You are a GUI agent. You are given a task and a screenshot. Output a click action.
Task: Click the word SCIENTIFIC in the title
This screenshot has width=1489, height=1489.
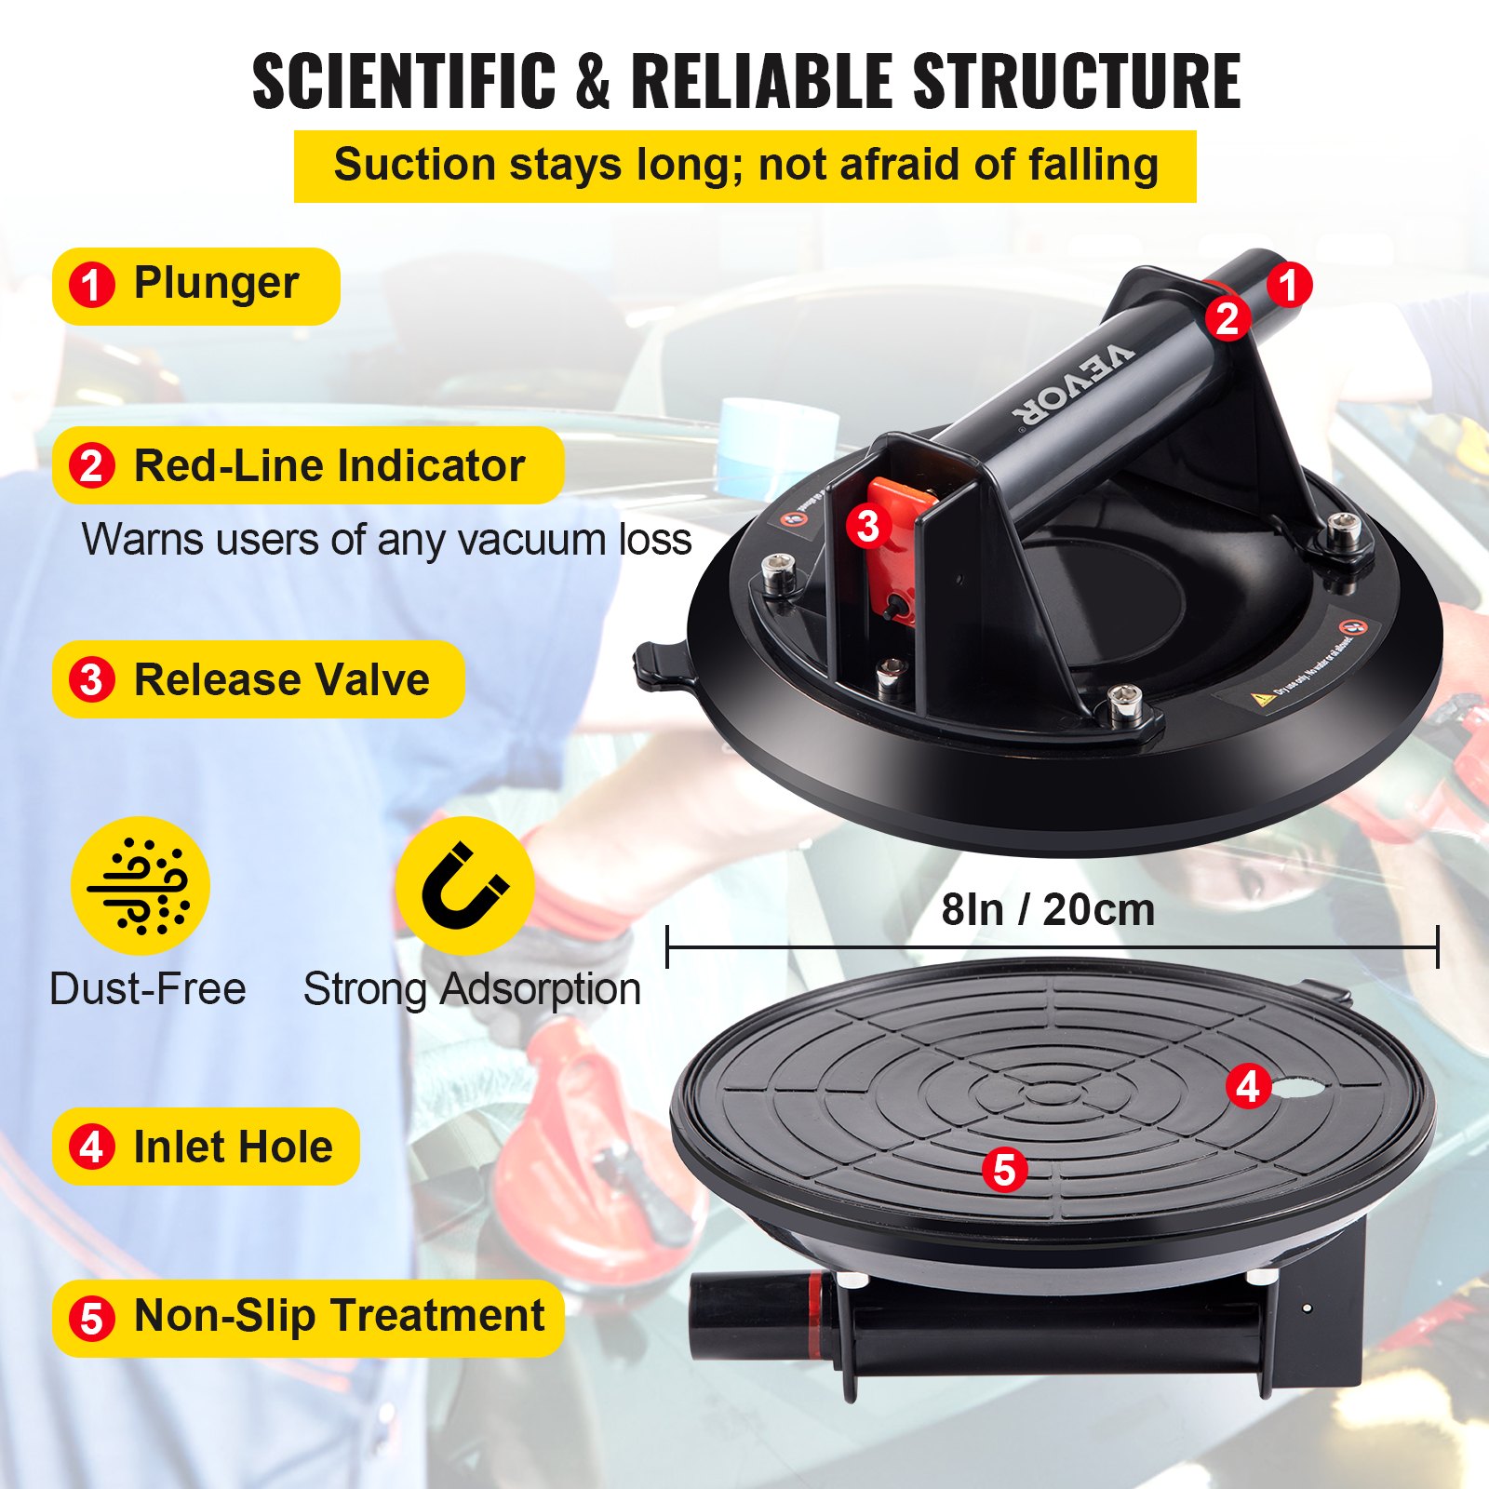pyautogui.click(x=403, y=81)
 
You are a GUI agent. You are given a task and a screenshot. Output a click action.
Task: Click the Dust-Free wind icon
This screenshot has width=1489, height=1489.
pyautogui.click(x=141, y=886)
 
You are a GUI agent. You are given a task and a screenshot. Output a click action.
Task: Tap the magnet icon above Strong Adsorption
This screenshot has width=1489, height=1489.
pyautogui.click(x=464, y=886)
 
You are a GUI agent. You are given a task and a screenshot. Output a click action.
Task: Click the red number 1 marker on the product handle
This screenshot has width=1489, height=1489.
pyautogui.click(x=1288, y=285)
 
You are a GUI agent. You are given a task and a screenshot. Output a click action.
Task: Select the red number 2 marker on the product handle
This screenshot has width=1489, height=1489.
pyautogui.click(x=1227, y=319)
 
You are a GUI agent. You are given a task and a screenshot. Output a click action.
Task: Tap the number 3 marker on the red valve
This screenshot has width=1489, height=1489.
pyautogui.click(x=868, y=526)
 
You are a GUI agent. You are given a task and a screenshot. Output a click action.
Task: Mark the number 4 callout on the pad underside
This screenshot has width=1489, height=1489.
pyautogui.click(x=1248, y=1085)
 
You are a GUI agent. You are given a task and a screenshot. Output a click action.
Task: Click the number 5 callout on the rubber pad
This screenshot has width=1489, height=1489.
pyautogui.click(x=1004, y=1169)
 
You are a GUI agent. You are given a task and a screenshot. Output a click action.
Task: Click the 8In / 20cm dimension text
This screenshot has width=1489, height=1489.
pyautogui.click(x=1048, y=909)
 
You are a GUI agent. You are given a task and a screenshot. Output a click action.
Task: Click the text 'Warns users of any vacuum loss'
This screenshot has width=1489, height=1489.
pyautogui.click(x=386, y=540)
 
